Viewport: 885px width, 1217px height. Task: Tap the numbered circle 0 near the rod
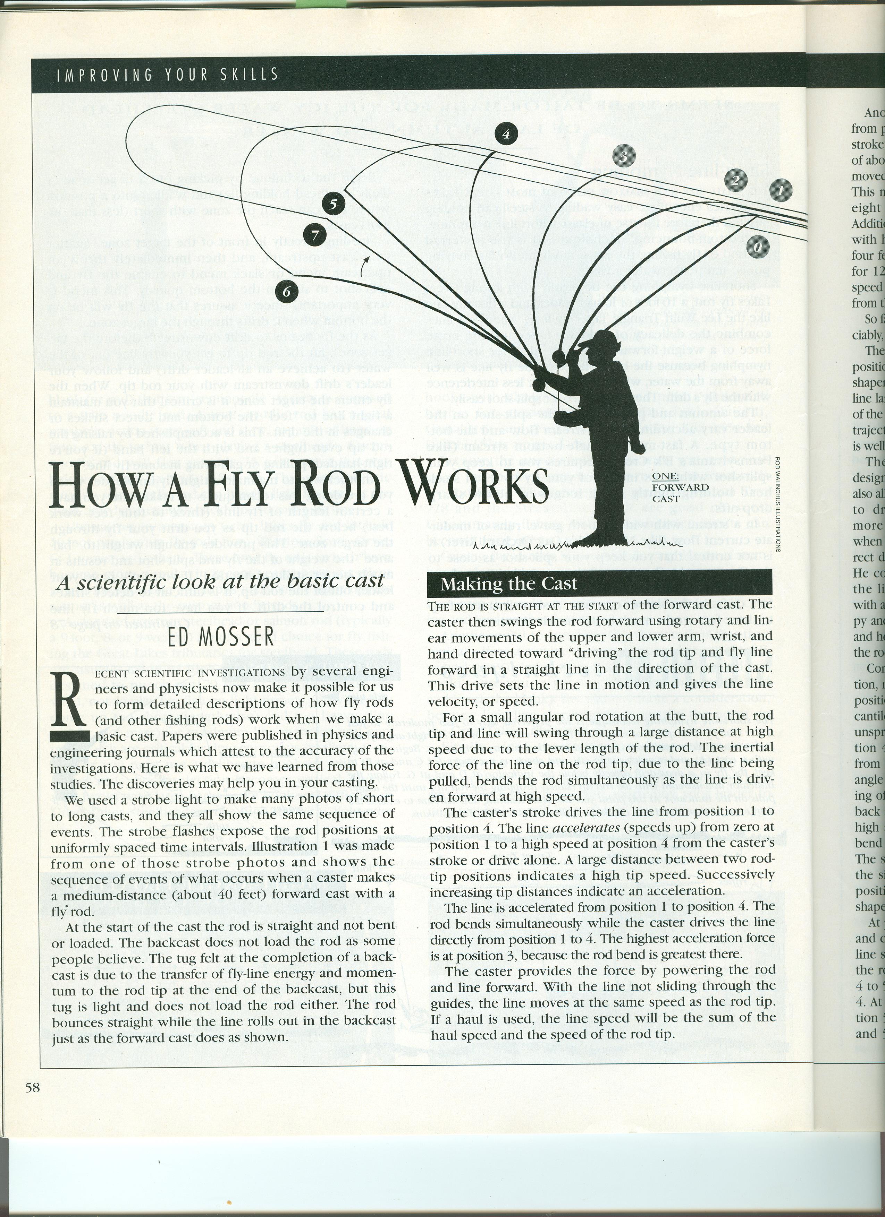point(758,247)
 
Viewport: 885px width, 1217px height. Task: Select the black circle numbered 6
point(287,291)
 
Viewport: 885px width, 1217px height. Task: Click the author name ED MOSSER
point(221,638)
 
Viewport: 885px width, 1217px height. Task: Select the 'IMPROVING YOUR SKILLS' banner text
point(168,74)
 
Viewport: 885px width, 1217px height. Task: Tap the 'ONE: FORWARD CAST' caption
point(680,487)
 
